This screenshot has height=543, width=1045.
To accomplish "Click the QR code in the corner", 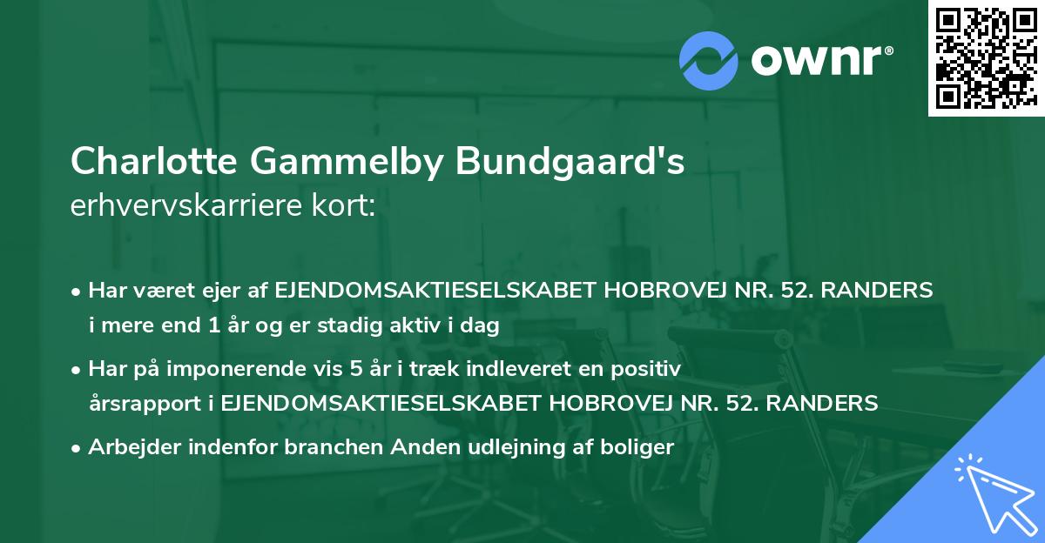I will [x=986, y=57].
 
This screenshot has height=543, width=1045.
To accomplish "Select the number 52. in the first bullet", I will [x=815, y=290].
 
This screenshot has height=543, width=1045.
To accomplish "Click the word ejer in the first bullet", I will [x=232, y=290].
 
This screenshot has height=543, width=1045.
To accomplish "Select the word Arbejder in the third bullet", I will [x=127, y=448].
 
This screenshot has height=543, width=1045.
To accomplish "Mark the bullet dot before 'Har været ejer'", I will [x=78, y=291].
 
